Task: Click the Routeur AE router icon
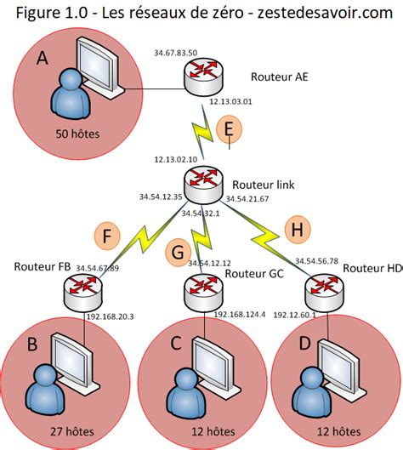pyautogui.click(x=204, y=76)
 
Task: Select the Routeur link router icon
pyautogui.click(x=203, y=185)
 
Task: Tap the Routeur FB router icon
pyautogui.click(x=82, y=292)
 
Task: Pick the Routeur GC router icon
pyautogui.click(x=203, y=292)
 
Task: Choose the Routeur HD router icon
pyautogui.click(x=324, y=292)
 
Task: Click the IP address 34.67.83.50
pyautogui.click(x=175, y=53)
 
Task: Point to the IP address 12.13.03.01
pyautogui.click(x=230, y=101)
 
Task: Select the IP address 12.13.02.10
pyautogui.click(x=176, y=159)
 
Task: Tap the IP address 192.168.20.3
pyautogui.click(x=111, y=316)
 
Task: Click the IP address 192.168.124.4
pyautogui.click(x=240, y=314)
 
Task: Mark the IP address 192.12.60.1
pyautogui.click(x=294, y=315)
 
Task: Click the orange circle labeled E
pyautogui.click(x=229, y=129)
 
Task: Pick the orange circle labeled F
pyautogui.click(x=107, y=236)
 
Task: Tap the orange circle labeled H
pyautogui.click(x=298, y=230)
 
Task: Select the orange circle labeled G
pyautogui.click(x=179, y=253)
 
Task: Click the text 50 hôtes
pyautogui.click(x=77, y=134)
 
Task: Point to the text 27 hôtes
pyautogui.click(x=72, y=431)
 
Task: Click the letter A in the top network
pyautogui.click(x=43, y=59)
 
